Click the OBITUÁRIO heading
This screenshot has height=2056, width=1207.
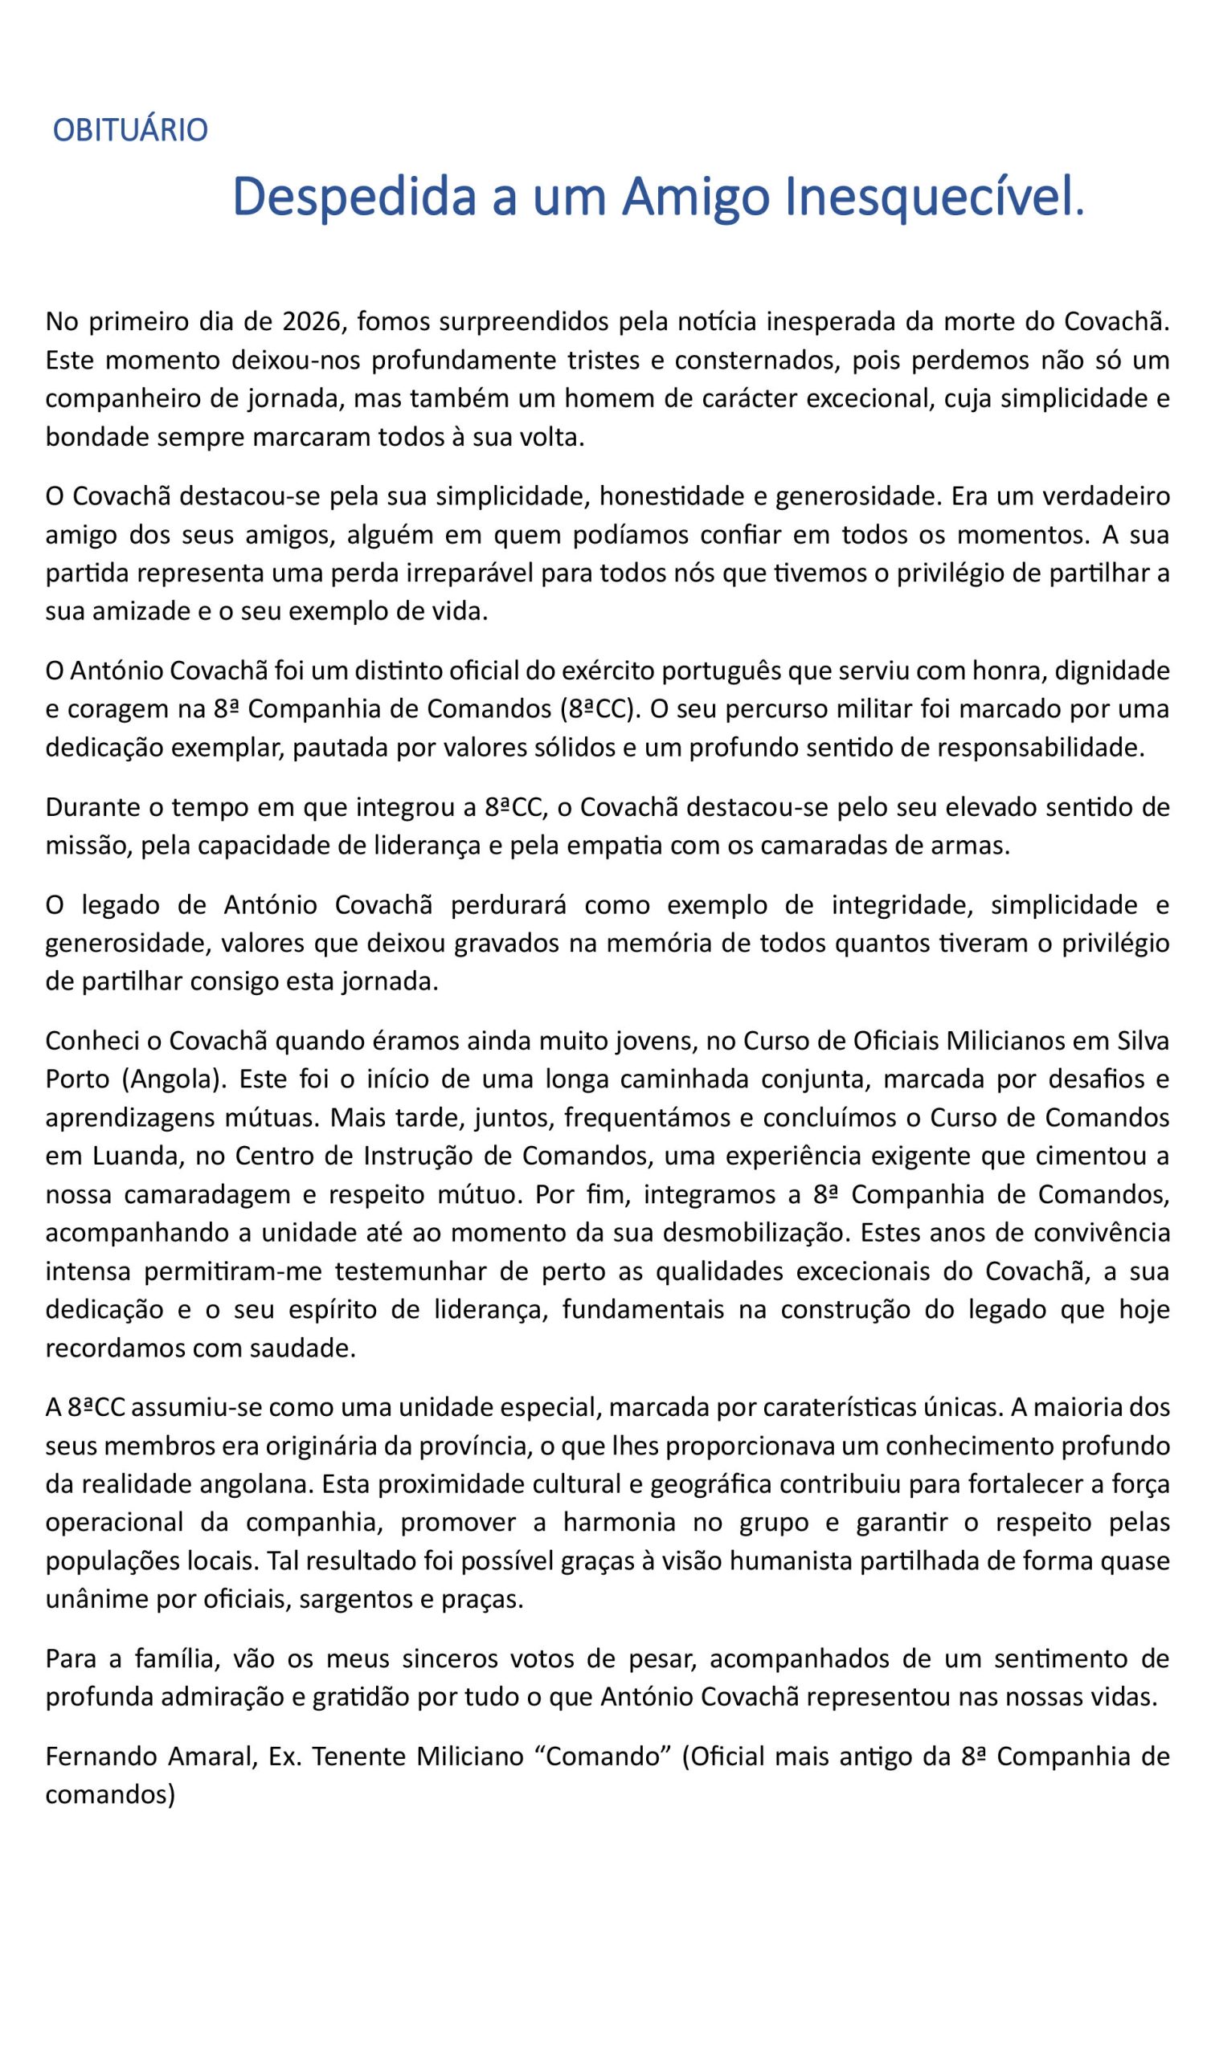129,131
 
